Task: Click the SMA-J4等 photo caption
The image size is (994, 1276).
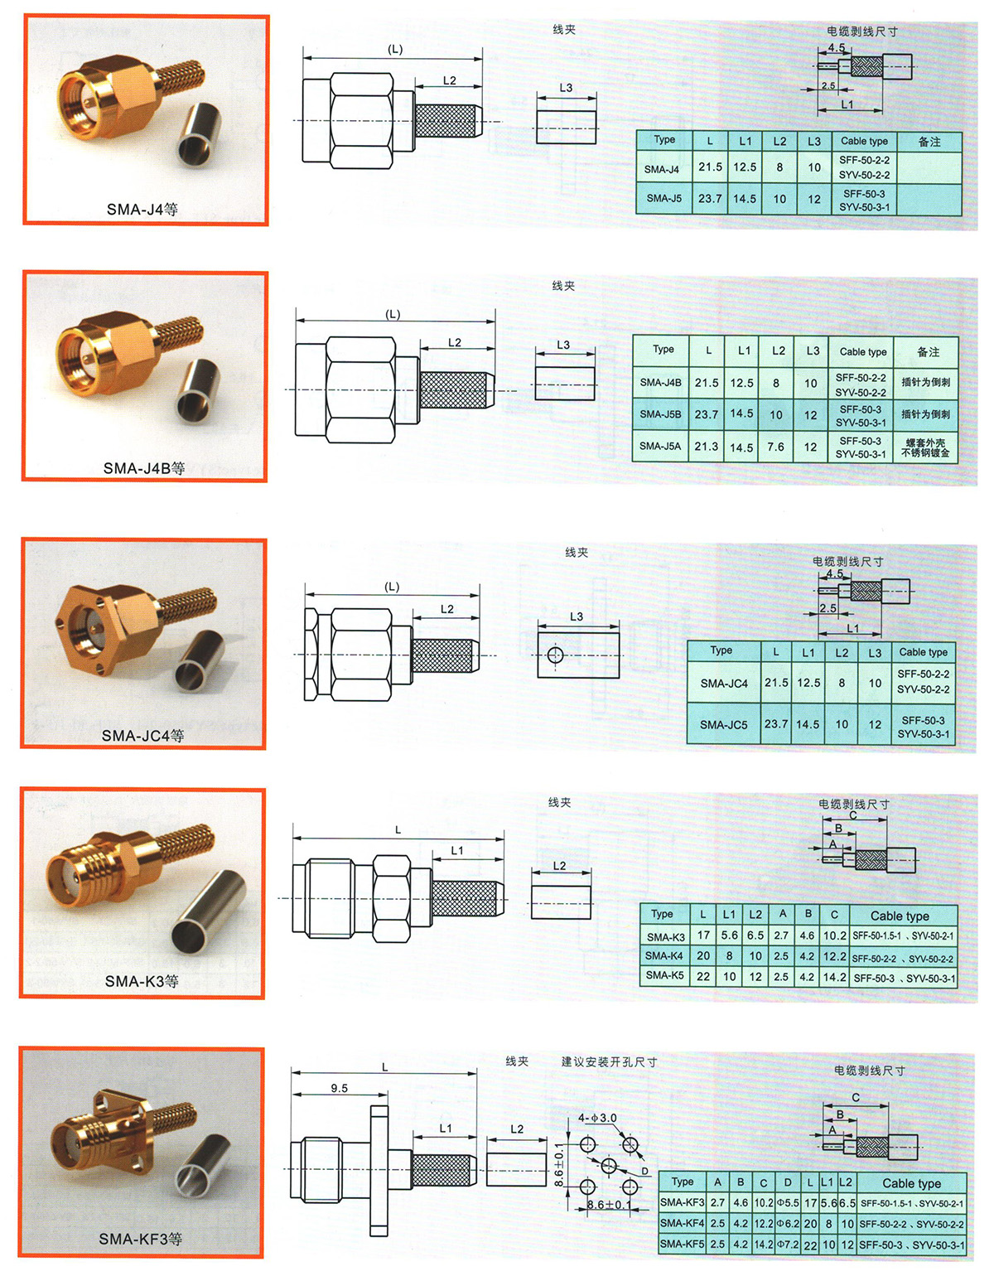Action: (142, 210)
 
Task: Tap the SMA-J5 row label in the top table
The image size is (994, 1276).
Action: (663, 199)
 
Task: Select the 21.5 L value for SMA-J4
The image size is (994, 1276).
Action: (710, 167)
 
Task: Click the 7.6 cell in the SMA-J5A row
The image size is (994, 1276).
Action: (775, 447)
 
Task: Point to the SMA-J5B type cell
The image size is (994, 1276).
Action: (660, 414)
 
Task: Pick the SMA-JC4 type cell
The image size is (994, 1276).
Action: (723, 684)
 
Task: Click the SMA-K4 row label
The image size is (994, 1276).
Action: (664, 956)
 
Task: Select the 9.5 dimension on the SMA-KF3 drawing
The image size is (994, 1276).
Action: (339, 1089)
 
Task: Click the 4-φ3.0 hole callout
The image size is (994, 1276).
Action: (597, 1118)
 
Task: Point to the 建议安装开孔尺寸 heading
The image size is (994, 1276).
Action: (609, 1061)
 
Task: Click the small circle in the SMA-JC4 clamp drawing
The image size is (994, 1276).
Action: (555, 656)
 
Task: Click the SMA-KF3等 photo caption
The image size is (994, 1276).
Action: (140, 1240)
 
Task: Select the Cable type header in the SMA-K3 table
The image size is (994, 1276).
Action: (899, 916)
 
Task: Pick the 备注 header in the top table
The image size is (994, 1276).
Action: (929, 142)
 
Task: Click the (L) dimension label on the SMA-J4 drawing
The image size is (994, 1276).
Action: (395, 50)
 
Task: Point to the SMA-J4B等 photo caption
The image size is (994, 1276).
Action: (143, 468)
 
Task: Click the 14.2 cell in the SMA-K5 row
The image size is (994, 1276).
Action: (834, 977)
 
